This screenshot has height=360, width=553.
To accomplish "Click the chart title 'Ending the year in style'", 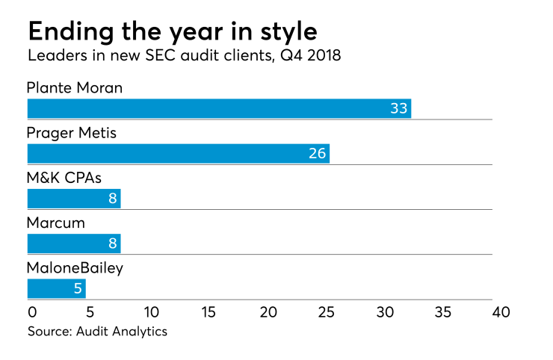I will (x=172, y=31).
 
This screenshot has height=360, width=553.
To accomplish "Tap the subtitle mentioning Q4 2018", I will (x=185, y=58).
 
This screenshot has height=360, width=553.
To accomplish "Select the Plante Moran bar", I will (x=219, y=108).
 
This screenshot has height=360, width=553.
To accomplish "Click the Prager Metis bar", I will (x=178, y=154).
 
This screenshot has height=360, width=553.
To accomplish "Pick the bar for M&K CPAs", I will (x=73, y=199).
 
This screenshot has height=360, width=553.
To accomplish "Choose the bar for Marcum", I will (x=73, y=243).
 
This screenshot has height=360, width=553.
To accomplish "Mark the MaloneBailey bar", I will (x=56, y=289).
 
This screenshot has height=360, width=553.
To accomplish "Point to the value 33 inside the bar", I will (x=398, y=109).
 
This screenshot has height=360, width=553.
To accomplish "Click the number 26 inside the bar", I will (x=317, y=154).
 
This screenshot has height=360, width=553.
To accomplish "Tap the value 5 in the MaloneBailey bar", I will (x=78, y=289).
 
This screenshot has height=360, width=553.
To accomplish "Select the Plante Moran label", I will (x=75, y=88).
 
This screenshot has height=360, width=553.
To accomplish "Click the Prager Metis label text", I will (x=72, y=134).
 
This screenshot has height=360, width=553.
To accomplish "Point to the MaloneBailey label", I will (x=75, y=268).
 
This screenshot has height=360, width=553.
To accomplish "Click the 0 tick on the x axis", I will (x=32, y=311).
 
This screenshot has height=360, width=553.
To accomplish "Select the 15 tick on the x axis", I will (x=208, y=311).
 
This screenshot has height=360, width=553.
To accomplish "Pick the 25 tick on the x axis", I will (x=326, y=311).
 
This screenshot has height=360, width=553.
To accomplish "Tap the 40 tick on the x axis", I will (x=501, y=311).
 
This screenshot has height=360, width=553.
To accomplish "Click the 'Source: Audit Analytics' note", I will (x=97, y=332).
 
